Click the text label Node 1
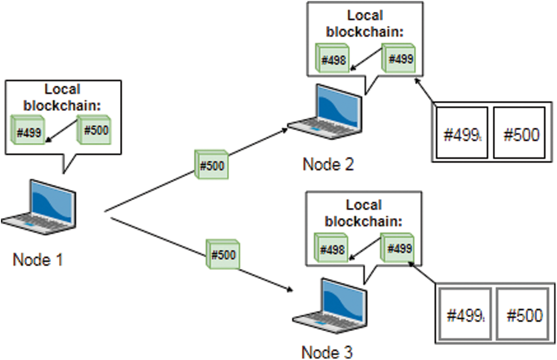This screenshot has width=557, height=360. pos(38,260)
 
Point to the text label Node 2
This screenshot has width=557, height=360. pos(328,165)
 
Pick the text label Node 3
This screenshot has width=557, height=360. pos(327,352)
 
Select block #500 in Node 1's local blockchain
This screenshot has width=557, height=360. pos(95,130)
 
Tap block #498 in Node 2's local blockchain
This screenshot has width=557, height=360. pos(333,59)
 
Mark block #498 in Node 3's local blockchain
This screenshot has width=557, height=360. pos(331,249)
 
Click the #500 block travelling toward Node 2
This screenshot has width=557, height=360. pos(211,165)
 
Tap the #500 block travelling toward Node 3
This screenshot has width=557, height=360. pos(223,254)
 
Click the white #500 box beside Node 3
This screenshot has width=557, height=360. pos(523,315)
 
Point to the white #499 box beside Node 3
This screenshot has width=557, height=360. pos(465,315)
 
